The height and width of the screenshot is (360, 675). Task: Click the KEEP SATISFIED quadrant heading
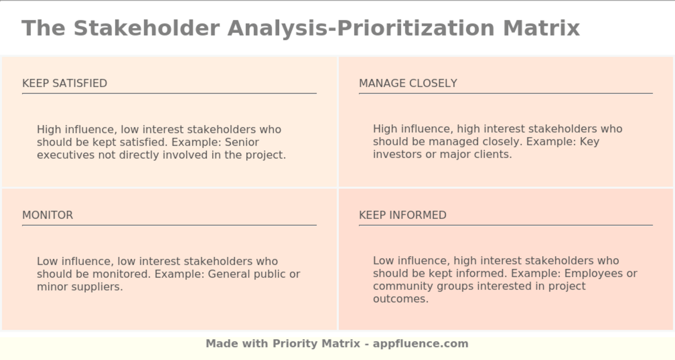pos(65,83)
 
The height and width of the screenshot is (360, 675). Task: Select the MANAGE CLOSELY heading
pos(408,83)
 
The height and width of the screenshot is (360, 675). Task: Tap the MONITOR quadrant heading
pos(48,215)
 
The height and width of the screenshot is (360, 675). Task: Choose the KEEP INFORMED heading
pos(403,215)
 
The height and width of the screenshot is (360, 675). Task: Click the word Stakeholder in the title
pos(147,28)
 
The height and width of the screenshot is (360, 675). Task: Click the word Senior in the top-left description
pos(242,143)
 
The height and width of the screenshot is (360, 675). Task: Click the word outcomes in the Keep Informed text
pos(400,299)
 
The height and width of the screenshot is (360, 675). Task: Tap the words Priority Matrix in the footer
pos(316,344)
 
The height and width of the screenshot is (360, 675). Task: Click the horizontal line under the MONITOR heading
pos(169,225)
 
